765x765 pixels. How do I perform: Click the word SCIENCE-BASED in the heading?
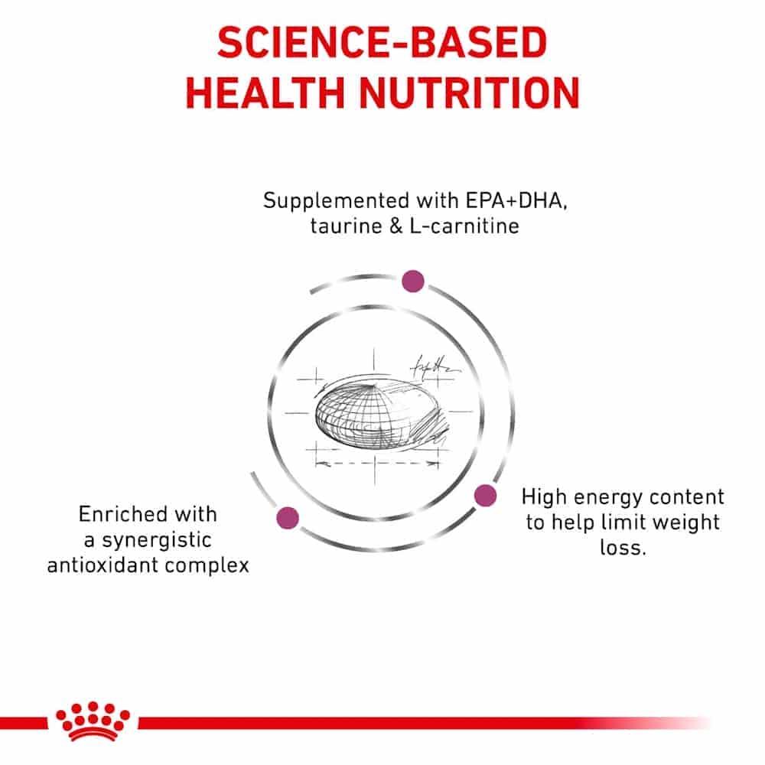pyautogui.click(x=382, y=42)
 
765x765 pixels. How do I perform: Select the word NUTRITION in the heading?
pyautogui.click(x=470, y=93)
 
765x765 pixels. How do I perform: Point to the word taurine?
pyautogui.click(x=346, y=226)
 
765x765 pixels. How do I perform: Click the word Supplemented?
pyautogui.click(x=336, y=201)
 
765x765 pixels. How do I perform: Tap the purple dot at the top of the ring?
pyautogui.click(x=413, y=281)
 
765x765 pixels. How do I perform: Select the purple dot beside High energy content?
pyautogui.click(x=485, y=495)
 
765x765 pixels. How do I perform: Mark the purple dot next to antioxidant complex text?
pyautogui.click(x=288, y=517)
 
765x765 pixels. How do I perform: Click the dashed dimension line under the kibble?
pyautogui.click(x=376, y=463)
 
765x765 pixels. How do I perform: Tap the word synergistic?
pyautogui.click(x=156, y=541)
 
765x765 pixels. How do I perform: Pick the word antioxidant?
pyautogui.click(x=103, y=565)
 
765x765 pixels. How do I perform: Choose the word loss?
pyautogui.click(x=623, y=548)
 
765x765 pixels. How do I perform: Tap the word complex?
pyautogui.click(x=207, y=566)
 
